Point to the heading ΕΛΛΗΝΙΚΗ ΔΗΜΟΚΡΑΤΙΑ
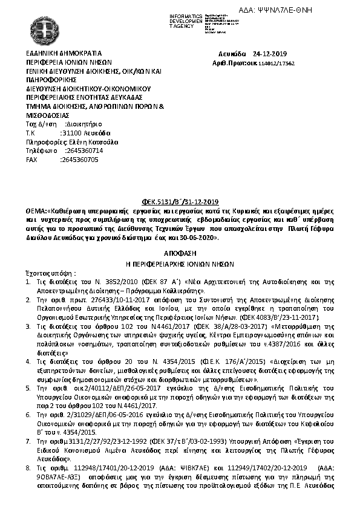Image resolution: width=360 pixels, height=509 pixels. coord(64,53)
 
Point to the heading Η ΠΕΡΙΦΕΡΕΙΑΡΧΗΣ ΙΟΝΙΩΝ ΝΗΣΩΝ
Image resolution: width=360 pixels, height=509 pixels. coord(180,264)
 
